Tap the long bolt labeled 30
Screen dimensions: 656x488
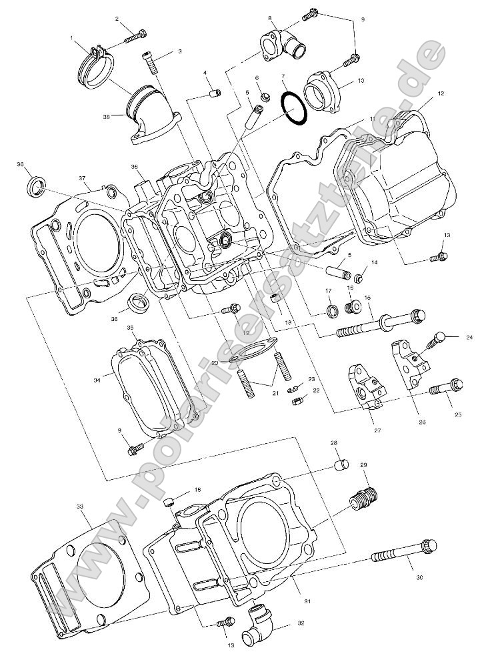click(x=401, y=557)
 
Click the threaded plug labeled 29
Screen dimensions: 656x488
click(x=363, y=499)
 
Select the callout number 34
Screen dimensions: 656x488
click(x=97, y=380)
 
